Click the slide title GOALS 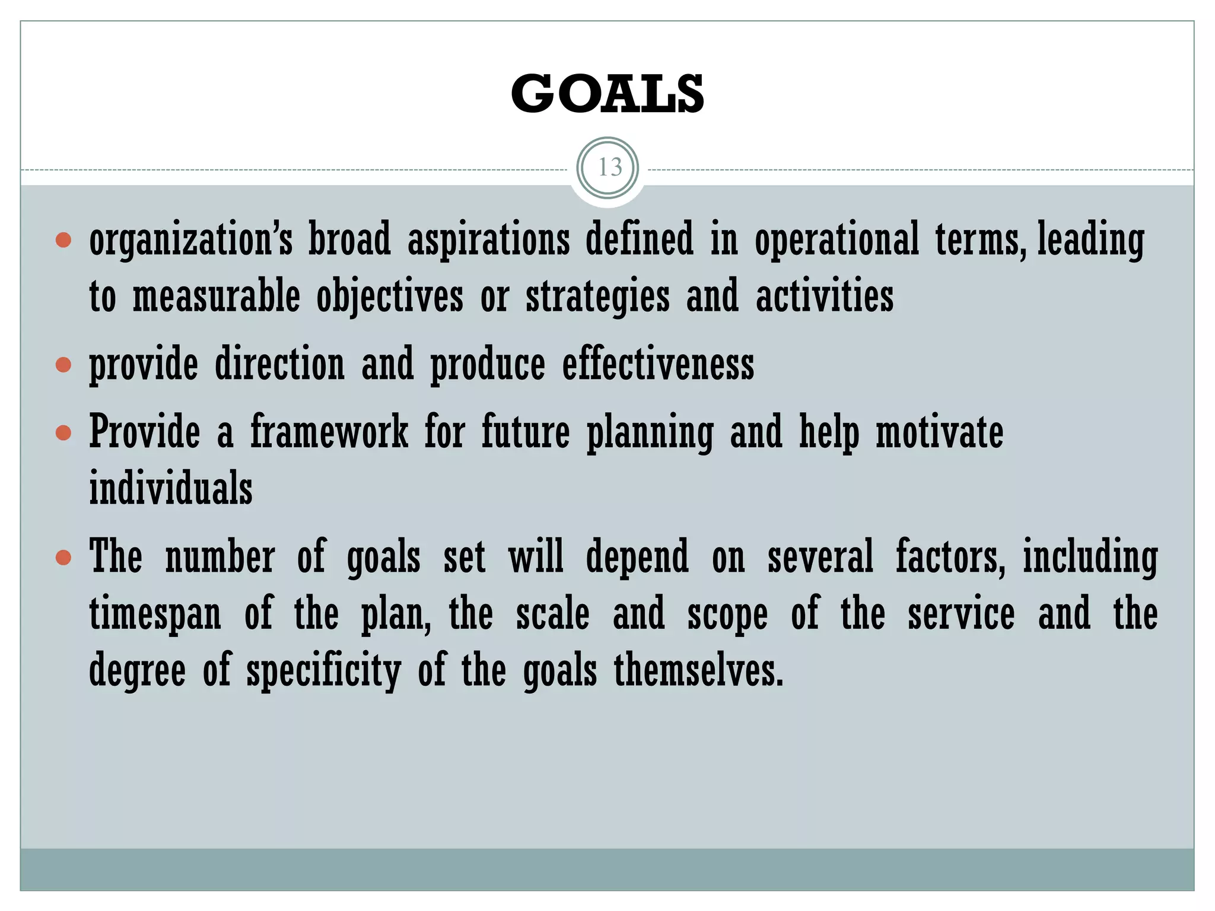click(x=607, y=94)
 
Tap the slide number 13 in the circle click(x=608, y=168)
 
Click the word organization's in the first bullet click(x=191, y=240)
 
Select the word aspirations click(x=488, y=240)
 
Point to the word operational click(x=836, y=240)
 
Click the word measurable click(x=216, y=297)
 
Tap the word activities click(x=824, y=297)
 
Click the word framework click(x=329, y=431)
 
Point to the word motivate click(x=939, y=431)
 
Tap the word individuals click(x=171, y=488)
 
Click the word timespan click(x=155, y=614)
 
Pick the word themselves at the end click(x=698, y=670)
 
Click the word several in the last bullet click(x=820, y=558)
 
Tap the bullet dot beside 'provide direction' click(x=63, y=365)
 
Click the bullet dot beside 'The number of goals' click(x=63, y=558)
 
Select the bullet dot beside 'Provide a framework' click(x=63, y=432)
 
